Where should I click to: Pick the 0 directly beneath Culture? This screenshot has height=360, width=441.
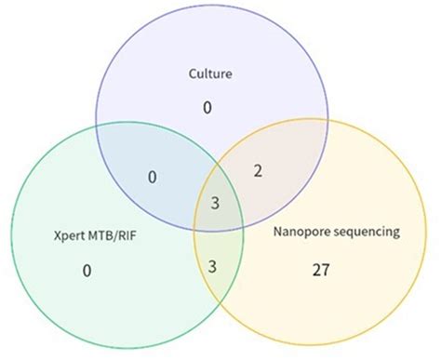pos(207,109)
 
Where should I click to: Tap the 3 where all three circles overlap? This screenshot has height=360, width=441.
pos(215,202)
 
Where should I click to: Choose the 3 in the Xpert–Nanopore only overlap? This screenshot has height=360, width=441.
pos(212,267)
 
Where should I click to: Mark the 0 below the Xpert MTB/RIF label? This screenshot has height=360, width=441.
pos(87,271)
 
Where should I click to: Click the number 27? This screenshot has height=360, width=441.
pos(319,271)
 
